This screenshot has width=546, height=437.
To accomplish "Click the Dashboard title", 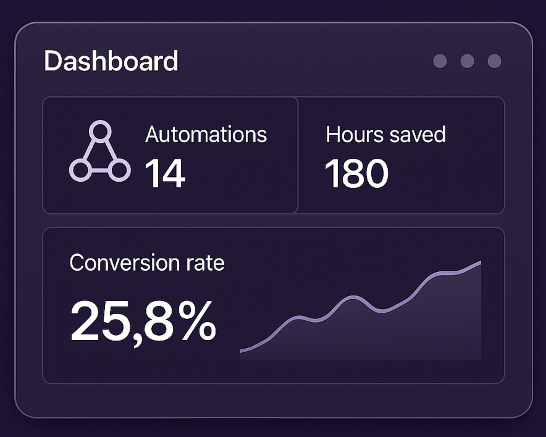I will click(111, 61).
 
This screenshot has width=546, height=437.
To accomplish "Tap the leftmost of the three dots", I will click(440, 61).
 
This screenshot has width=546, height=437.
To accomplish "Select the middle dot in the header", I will click(467, 61).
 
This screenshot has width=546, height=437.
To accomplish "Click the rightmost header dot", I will click(494, 61).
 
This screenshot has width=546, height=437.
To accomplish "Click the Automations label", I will click(206, 135).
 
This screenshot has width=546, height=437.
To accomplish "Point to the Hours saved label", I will click(385, 135).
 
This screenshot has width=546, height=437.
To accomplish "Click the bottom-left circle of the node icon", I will click(80, 170).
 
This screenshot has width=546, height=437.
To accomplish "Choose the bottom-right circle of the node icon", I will click(120, 170).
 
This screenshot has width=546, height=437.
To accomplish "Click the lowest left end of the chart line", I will click(241, 351).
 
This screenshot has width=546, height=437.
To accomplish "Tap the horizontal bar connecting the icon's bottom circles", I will click(100, 170).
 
